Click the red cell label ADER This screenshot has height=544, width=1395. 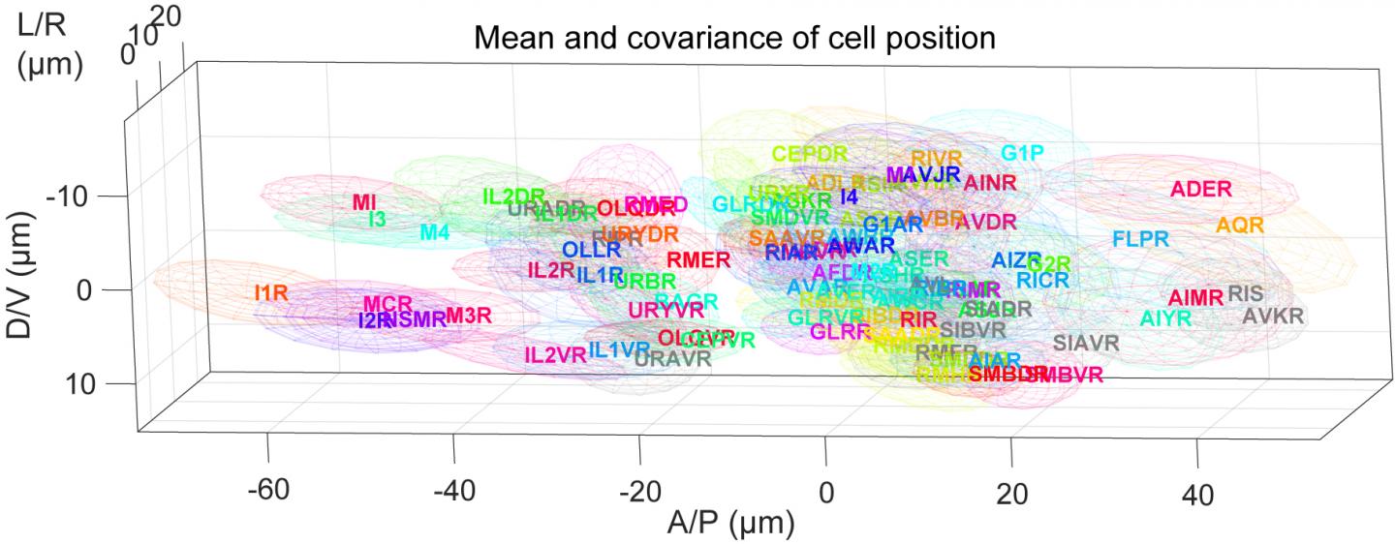(1200, 190)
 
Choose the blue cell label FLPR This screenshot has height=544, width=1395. (1140, 239)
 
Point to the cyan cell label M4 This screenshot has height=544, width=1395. (435, 232)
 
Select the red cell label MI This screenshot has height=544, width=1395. (364, 202)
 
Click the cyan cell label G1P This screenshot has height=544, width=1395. (1022, 153)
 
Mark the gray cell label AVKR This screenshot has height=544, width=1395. (1273, 316)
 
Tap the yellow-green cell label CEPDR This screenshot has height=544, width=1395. (810, 153)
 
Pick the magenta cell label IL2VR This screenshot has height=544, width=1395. (555, 354)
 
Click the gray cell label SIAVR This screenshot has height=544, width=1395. (1086, 343)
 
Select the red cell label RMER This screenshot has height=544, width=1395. (697, 259)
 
